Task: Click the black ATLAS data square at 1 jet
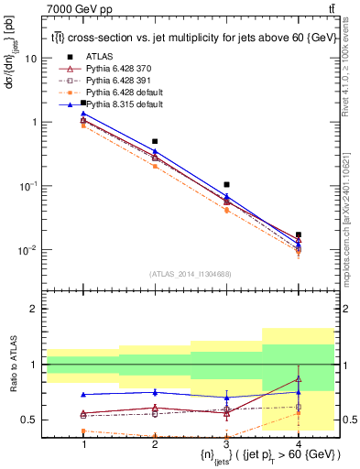pos(83,103)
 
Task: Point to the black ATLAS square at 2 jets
pos(155,142)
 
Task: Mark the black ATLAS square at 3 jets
pos(226,185)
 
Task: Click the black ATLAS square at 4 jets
pos(298,235)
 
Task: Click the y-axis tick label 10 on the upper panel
pos(31,58)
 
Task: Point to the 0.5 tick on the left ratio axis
pos(31,420)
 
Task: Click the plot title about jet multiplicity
pos(191,38)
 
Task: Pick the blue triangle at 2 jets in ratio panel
pos(155,392)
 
